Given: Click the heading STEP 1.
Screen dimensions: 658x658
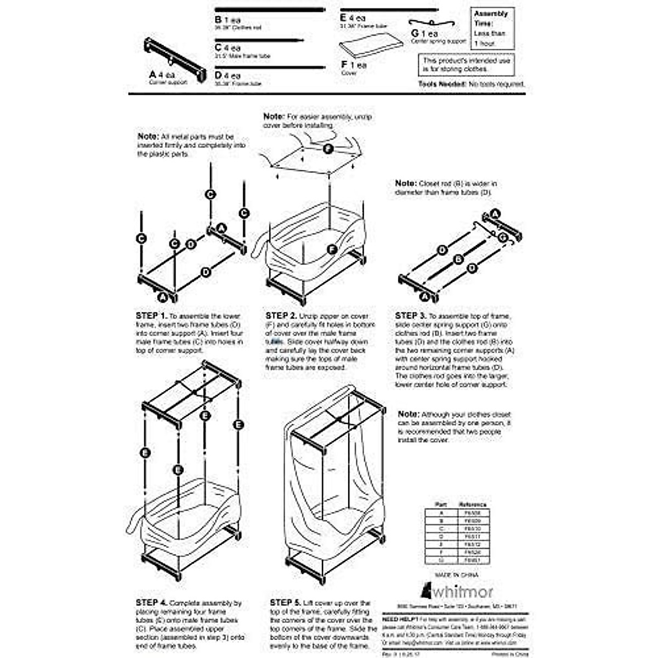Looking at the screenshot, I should coord(151,316).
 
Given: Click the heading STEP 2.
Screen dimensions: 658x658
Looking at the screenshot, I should coord(281,316).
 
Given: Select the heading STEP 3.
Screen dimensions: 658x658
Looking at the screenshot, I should coord(411,316).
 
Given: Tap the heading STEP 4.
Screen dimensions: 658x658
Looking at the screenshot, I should coord(152,603).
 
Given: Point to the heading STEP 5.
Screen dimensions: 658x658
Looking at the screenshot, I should coord(285,603).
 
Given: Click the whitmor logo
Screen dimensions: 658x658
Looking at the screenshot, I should coord(457,592).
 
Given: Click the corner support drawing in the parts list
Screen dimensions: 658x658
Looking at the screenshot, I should coord(175,59).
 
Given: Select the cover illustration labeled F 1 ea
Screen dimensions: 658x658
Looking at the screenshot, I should coord(371,45).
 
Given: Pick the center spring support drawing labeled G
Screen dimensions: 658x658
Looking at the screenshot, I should coord(432,23).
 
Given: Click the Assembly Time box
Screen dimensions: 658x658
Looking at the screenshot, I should coord(492,28).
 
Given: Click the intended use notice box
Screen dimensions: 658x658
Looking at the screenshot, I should coord(467,65).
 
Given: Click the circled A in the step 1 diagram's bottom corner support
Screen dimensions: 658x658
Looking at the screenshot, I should coord(162,297).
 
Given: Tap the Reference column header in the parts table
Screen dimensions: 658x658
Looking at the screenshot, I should coord(472,504).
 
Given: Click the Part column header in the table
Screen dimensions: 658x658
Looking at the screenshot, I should coord(441,504).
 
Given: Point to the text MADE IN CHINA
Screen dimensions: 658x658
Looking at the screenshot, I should coord(456,575).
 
